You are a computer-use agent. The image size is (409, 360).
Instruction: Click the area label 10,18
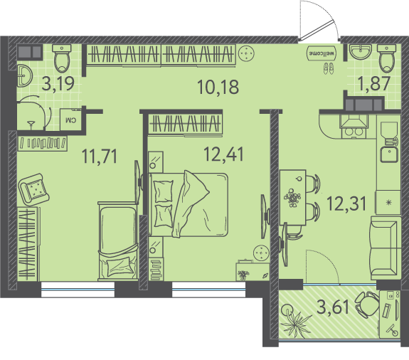click(x=218, y=87)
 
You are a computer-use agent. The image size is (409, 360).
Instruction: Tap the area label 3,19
click(x=58, y=83)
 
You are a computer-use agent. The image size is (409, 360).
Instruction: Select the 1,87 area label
click(x=374, y=83)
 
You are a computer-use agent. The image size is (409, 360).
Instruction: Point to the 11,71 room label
click(x=100, y=156)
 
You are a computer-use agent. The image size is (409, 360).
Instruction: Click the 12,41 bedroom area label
click(x=223, y=154)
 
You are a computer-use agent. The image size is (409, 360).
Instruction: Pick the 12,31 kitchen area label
click(x=346, y=203)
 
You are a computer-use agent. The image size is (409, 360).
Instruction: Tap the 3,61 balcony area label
click(x=333, y=307)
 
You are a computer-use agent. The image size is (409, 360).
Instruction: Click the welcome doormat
click(x=322, y=53)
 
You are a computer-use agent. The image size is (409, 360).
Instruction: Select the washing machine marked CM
click(x=70, y=120)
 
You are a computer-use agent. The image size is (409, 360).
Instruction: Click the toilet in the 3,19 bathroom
click(x=62, y=58)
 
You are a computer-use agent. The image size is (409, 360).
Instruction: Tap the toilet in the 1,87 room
click(x=386, y=58)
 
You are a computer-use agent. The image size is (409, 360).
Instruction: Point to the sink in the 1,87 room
click(x=361, y=52)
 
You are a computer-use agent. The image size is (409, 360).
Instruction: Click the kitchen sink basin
click(x=389, y=154)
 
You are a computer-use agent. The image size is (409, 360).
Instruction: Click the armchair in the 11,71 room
click(x=33, y=189)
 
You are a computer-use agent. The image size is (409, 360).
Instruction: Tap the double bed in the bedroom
click(x=188, y=204)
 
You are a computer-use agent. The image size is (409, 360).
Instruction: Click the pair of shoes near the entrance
click(x=329, y=68)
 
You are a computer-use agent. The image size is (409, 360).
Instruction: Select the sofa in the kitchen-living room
click(x=386, y=248)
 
